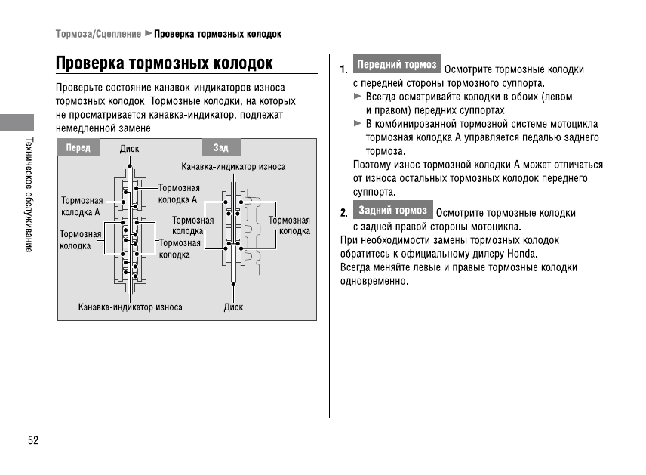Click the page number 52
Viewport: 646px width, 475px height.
[x=33, y=440]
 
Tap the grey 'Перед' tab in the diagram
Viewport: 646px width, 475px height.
[x=78, y=148]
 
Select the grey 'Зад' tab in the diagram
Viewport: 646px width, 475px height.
[x=221, y=148]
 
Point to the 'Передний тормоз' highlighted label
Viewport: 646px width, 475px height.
[x=397, y=65]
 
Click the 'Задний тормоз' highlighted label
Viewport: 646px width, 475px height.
[x=393, y=210]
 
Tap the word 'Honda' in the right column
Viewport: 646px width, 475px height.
[x=521, y=254]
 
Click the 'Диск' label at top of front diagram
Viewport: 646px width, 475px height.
[x=129, y=150]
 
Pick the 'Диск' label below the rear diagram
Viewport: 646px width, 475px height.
[x=233, y=307]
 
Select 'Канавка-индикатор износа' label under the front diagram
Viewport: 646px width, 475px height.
[x=131, y=307]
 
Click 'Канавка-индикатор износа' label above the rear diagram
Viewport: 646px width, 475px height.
[x=233, y=166]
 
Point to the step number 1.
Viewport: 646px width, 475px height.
[x=343, y=70]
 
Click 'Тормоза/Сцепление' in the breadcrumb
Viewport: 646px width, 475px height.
[x=98, y=34]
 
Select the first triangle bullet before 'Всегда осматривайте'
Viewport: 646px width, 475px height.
[x=358, y=97]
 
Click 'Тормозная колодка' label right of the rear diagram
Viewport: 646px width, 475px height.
[x=289, y=226]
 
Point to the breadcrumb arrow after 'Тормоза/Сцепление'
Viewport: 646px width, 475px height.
[x=148, y=34]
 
